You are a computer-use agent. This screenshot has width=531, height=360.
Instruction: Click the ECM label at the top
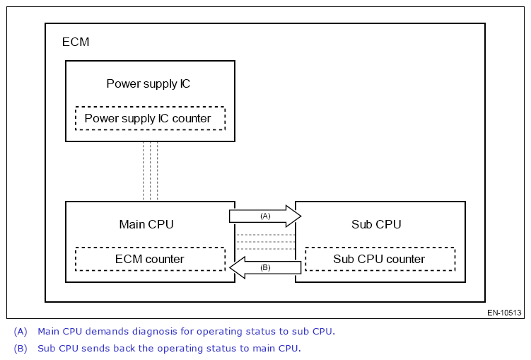coord(76,42)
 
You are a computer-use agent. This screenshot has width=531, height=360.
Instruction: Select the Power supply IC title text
coord(148,83)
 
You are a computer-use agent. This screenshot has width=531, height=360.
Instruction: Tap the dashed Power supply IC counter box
coord(150,118)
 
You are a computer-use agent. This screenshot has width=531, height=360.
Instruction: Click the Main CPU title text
coord(146,224)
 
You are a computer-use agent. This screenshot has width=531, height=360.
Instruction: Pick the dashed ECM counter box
coord(150,259)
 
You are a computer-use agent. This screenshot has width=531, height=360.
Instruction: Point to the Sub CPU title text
coord(376,224)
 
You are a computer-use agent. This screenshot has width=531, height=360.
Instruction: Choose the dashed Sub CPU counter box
coord(380,259)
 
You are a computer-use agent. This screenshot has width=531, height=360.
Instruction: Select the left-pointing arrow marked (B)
coord(267,267)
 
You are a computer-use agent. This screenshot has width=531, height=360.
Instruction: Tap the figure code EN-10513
coord(504,313)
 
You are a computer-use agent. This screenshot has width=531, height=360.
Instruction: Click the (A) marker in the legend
coord(21,331)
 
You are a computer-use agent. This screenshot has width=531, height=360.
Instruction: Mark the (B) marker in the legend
coord(21,348)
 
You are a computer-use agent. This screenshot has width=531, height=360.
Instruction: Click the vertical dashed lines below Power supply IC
coord(150,171)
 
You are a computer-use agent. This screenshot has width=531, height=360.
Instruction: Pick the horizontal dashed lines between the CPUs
coord(265,241)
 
